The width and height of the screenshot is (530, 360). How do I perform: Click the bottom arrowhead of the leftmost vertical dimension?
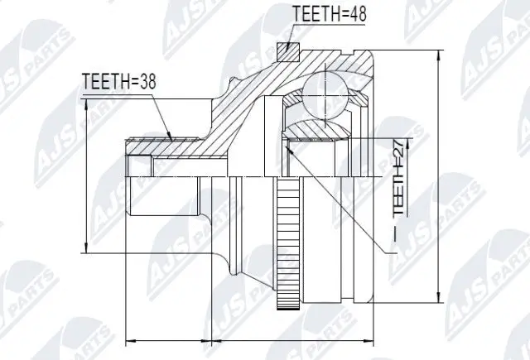point(85,250)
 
